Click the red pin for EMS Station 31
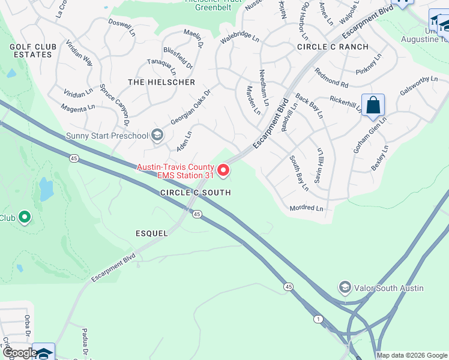(223, 172)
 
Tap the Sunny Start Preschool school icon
(157, 135)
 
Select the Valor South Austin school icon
(345, 288)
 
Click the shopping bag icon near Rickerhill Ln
(373, 105)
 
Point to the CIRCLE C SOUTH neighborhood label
(195, 193)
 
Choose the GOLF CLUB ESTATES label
(33, 50)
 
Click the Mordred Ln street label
(306, 208)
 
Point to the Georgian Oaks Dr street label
(191, 107)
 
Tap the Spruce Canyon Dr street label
(113, 104)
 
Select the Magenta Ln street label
(78, 108)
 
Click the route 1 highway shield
(316, 319)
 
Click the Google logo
(19, 353)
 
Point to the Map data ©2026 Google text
(411, 355)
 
